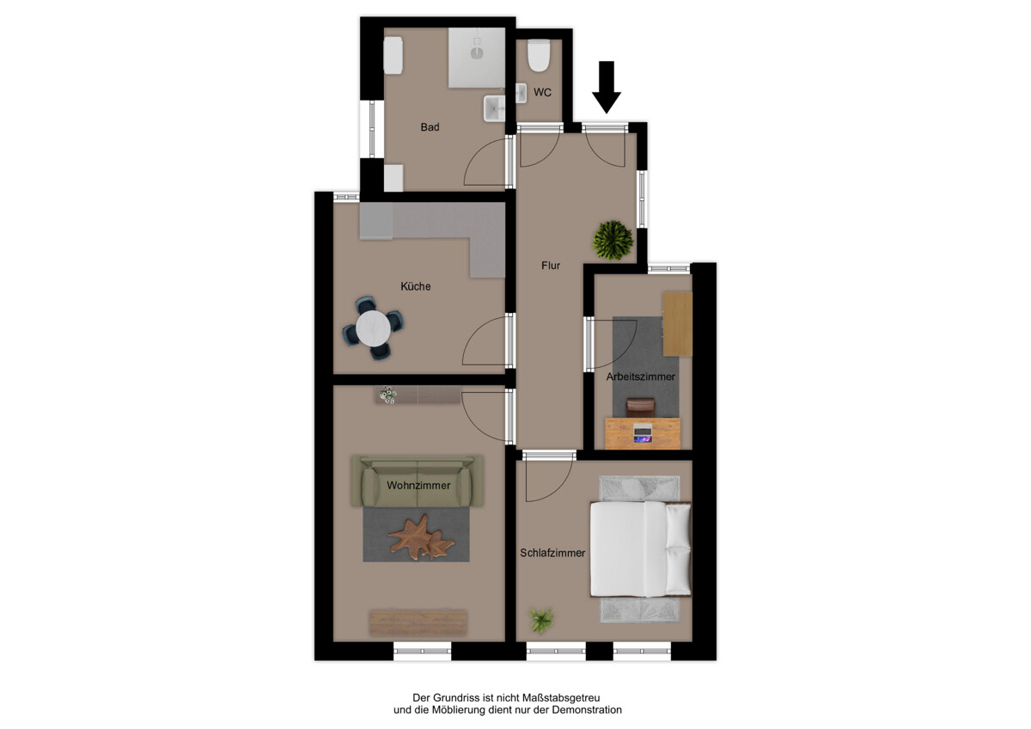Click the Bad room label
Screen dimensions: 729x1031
pos(430,127)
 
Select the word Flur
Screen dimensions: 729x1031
pos(551,266)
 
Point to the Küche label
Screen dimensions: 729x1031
pos(416,286)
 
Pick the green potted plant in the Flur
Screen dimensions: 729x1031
pos(613,239)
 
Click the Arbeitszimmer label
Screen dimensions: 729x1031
pos(641,377)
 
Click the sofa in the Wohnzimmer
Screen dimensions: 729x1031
pos(418,483)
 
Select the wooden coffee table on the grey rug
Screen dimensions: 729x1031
pos(420,537)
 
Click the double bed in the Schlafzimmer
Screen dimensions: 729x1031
pos(641,549)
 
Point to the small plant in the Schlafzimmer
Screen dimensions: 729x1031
pos(541,618)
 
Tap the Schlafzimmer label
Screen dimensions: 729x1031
pos(552,553)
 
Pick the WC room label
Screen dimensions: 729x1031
pos(542,92)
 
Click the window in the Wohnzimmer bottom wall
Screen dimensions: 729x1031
pos(422,651)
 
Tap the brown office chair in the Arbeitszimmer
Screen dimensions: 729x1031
pos(640,407)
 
